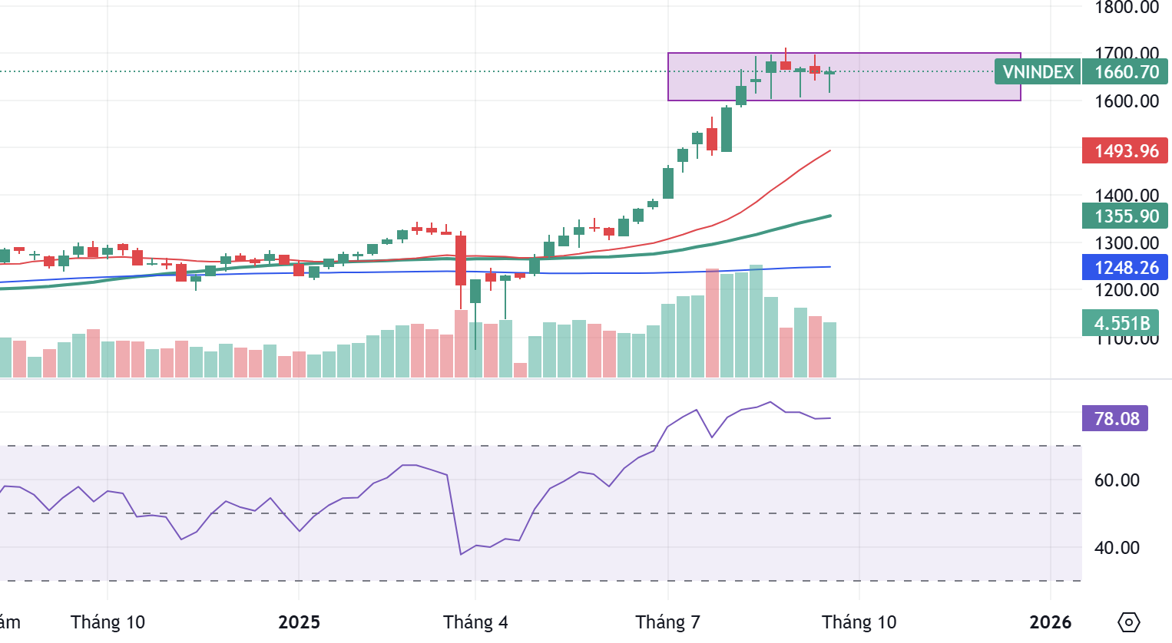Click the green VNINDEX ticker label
coord(1038,72)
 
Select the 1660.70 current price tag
coord(1126,72)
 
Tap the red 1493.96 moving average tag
coord(1125,150)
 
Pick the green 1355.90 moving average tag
coord(1125,216)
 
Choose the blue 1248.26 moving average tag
coord(1125,267)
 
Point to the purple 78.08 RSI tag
coord(1115,418)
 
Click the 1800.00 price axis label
coord(1127,8)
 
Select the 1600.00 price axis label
coord(1127,101)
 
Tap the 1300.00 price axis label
coord(1127,243)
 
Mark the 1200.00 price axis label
coord(1127,290)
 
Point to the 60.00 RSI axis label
coord(1117,480)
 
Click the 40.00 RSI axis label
coord(1117,548)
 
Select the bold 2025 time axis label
coord(299,622)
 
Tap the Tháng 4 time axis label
coord(475,622)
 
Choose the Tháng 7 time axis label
coord(667,622)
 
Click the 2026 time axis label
coord(1050,622)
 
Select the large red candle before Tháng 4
coord(461,261)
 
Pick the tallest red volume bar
coord(712,322)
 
